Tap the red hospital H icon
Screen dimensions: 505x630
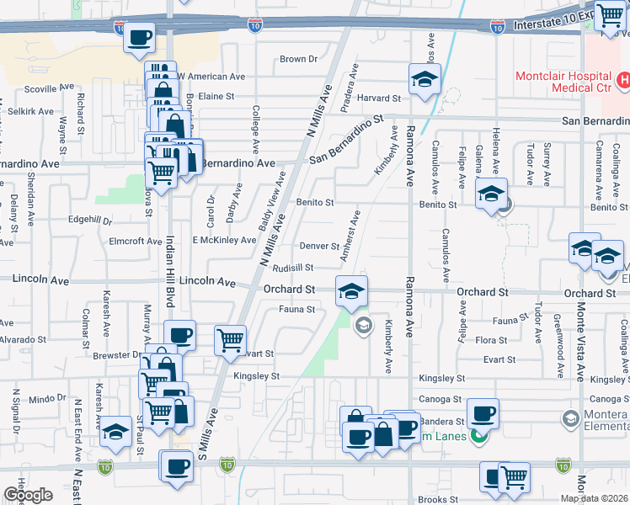coord(624,81)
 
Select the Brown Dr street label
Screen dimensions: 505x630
coord(298,59)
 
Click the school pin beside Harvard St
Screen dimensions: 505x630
coord(424,81)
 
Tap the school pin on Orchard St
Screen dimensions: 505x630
coord(352,291)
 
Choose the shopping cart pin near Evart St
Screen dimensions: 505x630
coord(230,340)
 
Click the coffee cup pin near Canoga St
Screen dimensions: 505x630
coord(482,413)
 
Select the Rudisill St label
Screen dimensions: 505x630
coord(293,268)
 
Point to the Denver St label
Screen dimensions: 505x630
coord(319,246)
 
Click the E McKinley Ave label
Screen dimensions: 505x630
coord(224,240)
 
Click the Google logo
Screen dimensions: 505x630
coord(28,495)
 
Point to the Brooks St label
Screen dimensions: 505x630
coord(437,499)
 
